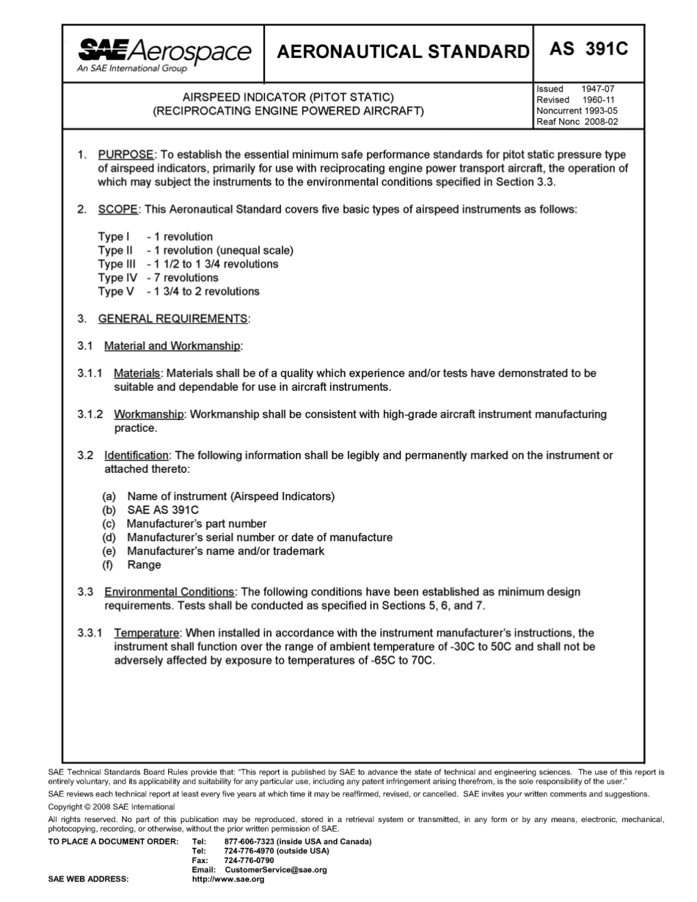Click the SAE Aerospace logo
(164, 53)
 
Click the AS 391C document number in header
(588, 50)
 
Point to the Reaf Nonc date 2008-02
(602, 122)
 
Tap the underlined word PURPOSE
(126, 155)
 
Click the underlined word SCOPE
(118, 209)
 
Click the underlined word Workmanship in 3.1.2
(149, 414)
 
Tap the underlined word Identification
(136, 455)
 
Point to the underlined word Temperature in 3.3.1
(147, 633)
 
